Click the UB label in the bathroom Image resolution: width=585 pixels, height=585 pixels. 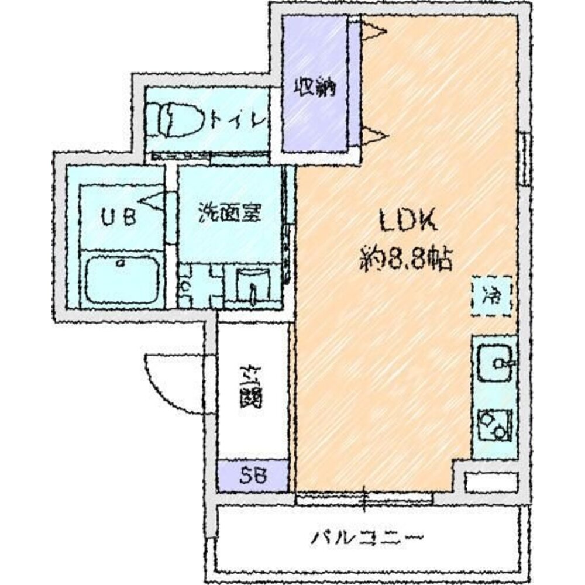[120, 218]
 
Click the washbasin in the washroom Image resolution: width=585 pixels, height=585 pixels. [253, 286]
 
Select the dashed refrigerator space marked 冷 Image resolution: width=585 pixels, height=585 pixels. [491, 295]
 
